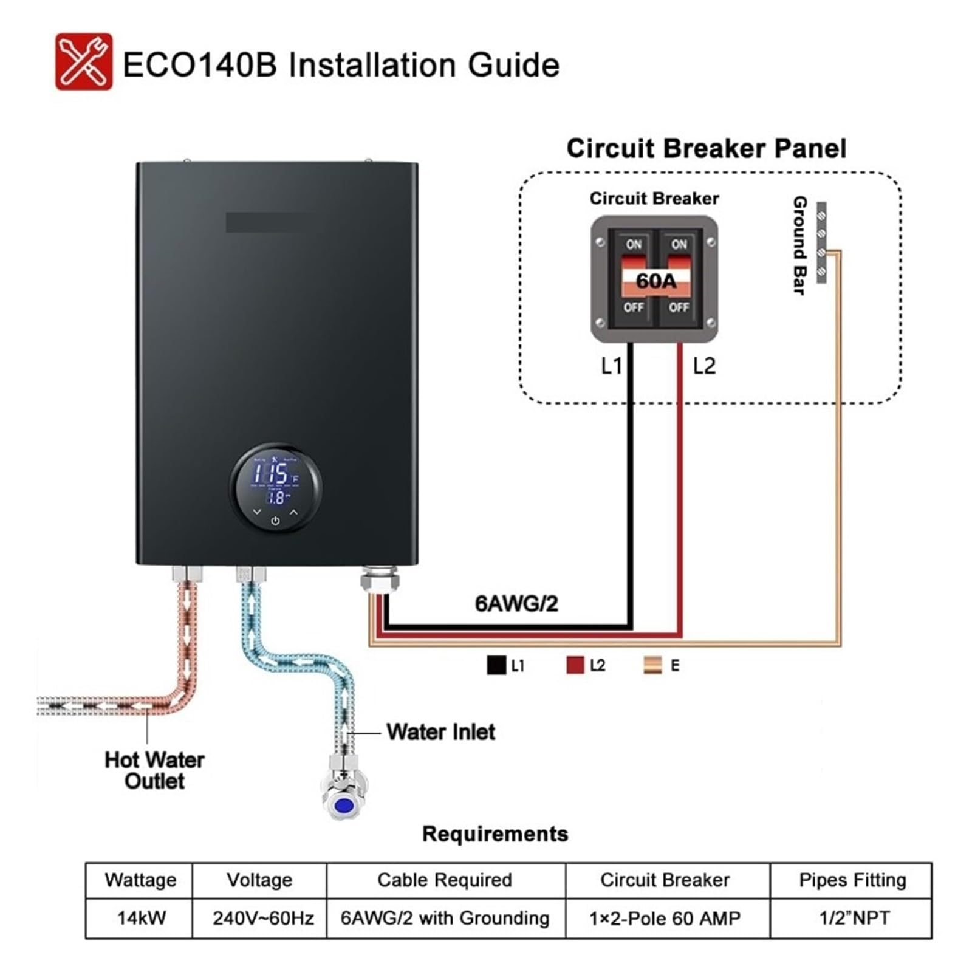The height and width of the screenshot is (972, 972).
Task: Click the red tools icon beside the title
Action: click(x=84, y=61)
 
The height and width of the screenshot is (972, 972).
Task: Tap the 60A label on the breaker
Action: click(x=655, y=281)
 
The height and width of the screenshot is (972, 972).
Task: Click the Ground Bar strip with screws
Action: click(x=821, y=242)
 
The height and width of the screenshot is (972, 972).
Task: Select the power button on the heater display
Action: click(x=275, y=521)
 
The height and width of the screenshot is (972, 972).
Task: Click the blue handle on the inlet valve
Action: click(x=344, y=806)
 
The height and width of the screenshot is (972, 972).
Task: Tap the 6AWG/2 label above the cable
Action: click(x=516, y=603)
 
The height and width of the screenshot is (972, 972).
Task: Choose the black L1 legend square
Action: click(x=496, y=665)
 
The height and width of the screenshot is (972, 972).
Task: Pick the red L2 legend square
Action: click(x=575, y=665)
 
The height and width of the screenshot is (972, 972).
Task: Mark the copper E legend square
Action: click(x=653, y=665)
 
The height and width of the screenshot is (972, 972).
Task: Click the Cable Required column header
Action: click(x=445, y=880)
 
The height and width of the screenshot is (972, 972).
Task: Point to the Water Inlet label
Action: click(x=441, y=732)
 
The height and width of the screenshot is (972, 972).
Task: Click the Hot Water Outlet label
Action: click(x=155, y=770)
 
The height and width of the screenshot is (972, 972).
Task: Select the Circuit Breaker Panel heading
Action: click(x=706, y=148)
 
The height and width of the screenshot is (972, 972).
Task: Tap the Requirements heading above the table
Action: click(x=495, y=834)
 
